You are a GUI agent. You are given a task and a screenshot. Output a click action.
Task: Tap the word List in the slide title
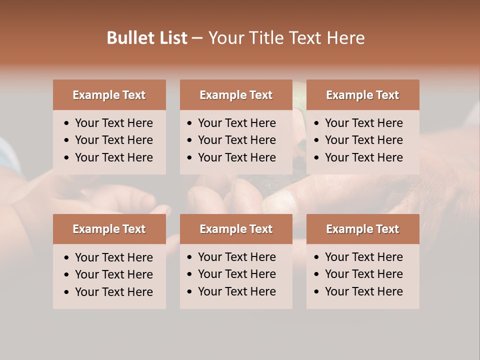173,38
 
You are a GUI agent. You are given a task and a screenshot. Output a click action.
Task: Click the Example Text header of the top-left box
109,95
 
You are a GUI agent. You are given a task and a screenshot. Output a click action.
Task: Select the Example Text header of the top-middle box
236,95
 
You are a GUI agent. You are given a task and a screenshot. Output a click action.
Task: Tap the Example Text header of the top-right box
362,95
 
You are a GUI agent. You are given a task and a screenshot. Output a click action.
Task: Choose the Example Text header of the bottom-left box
109,229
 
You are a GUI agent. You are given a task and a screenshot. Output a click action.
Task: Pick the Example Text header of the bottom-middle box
236,229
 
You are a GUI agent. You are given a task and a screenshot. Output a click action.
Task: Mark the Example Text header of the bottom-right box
362,229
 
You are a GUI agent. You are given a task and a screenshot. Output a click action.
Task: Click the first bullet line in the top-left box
113,123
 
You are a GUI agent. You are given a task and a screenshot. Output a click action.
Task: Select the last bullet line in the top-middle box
236,157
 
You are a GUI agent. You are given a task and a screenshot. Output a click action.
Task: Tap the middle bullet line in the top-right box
363,140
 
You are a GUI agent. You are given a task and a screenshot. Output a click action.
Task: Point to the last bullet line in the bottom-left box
113,292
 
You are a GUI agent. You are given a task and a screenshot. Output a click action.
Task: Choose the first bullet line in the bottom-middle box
236,257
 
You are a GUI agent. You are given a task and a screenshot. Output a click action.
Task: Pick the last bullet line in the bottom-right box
363,291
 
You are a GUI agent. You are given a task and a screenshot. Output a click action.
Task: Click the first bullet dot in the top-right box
316,123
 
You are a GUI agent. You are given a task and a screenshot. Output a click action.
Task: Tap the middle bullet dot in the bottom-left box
66,275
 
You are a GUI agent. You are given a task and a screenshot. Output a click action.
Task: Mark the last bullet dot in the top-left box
66,158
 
